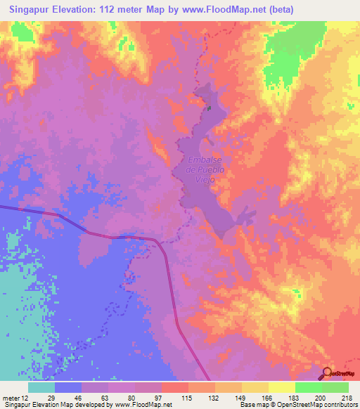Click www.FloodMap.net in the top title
224,9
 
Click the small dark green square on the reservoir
209,108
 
